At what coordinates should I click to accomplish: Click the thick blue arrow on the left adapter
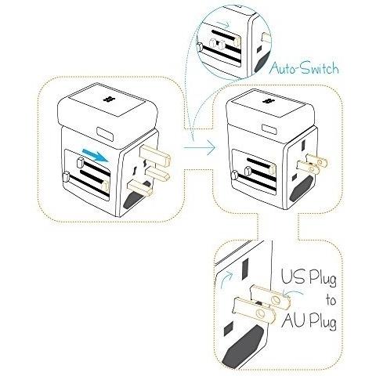pos(95,154)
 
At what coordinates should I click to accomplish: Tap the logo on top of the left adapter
pos(109,99)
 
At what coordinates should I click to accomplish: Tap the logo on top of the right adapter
pos(268,101)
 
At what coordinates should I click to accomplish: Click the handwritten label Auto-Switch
pos(304,68)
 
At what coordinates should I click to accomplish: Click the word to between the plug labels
pos(331,300)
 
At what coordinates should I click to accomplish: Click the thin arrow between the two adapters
pos(200,148)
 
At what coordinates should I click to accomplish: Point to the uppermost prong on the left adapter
pos(156,156)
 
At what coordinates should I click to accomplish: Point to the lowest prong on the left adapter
pos(140,189)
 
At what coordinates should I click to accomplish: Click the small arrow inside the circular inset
pos(223,24)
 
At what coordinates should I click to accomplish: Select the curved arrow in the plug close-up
pos(226,279)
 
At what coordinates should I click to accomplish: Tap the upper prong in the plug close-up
pos(270,296)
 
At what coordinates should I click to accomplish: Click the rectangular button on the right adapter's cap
pos(270,129)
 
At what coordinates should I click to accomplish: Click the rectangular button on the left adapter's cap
pos(105,133)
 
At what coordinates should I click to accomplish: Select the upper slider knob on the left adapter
pos(80,162)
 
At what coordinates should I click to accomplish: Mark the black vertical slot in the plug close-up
pos(245,269)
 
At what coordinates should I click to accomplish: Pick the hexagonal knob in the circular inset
pos(200,47)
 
